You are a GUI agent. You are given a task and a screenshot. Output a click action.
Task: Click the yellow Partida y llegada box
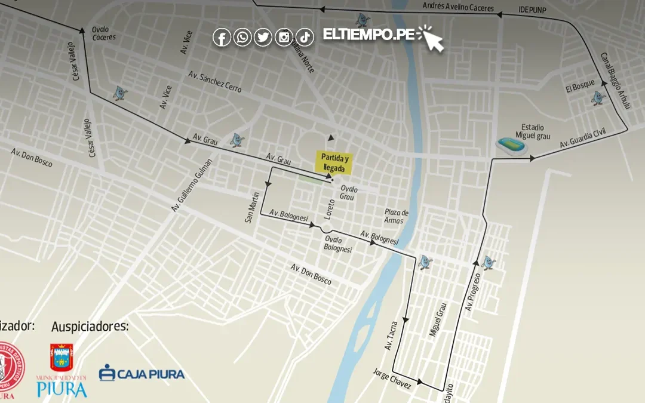click(334, 162)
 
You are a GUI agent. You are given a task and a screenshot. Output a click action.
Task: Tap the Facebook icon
click(222, 38)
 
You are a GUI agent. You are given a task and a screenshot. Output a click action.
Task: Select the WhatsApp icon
click(242, 38)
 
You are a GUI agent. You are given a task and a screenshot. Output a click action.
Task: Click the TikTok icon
click(305, 38)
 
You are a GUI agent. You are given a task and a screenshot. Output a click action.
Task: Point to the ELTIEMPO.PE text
click(368, 35)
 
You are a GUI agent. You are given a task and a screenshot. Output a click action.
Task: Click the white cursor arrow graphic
click(432, 38)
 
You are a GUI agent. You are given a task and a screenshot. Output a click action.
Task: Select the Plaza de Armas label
click(397, 216)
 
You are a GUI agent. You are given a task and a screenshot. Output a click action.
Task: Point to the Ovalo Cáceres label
click(103, 33)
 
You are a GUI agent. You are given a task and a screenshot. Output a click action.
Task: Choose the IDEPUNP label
click(532, 11)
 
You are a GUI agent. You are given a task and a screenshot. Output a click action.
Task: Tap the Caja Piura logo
click(142, 374)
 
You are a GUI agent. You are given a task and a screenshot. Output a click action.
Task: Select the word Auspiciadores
click(90, 326)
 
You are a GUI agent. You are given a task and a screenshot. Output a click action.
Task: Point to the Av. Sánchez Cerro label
click(215, 82)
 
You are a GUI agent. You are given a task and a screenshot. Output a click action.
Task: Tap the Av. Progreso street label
click(473, 293)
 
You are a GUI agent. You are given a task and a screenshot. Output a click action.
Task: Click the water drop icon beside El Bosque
click(598, 98)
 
